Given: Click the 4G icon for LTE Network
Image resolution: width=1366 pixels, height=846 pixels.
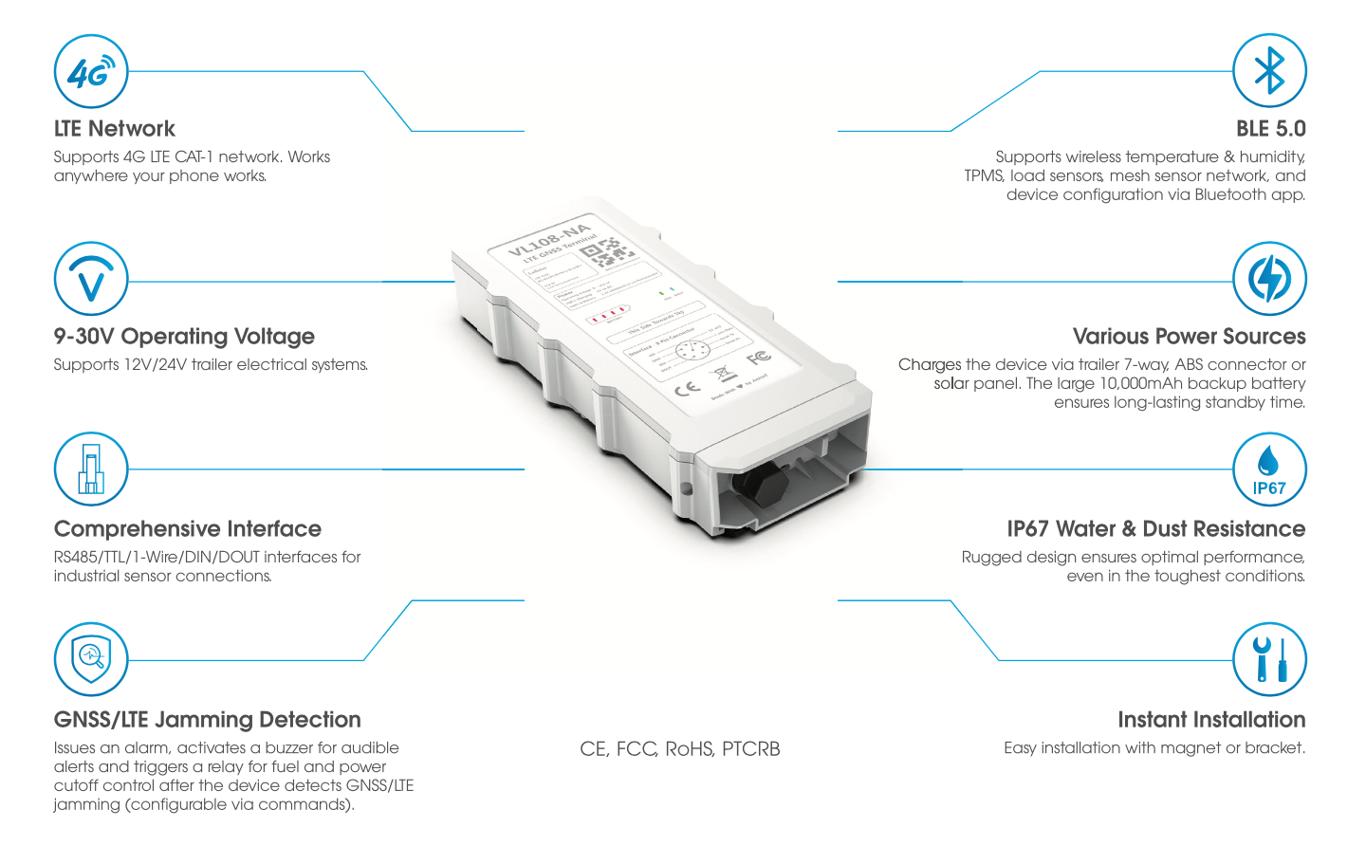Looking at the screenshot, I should [91, 72].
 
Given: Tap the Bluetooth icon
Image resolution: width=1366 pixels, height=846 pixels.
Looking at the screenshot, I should [1269, 72].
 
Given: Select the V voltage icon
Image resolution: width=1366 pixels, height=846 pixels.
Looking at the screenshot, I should [91, 279].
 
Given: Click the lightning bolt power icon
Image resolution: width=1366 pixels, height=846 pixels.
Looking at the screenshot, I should [1269, 279].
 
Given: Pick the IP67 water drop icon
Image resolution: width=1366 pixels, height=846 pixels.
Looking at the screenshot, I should [1269, 469].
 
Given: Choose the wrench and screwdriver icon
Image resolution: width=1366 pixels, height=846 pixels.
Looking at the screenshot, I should [1269, 659].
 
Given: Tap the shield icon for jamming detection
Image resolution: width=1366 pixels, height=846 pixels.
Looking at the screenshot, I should [91, 659].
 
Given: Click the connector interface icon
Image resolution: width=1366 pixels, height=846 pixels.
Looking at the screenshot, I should [91, 469].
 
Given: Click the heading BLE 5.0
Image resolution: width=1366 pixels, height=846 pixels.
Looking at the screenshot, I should [1270, 129].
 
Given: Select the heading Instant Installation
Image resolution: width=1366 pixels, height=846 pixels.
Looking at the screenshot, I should [1211, 720].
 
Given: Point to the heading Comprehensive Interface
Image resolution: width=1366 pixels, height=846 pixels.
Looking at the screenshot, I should [188, 529].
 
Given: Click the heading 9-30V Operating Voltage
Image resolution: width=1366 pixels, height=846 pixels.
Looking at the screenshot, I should [184, 337].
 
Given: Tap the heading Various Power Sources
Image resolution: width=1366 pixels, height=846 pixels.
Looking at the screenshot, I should [1189, 337].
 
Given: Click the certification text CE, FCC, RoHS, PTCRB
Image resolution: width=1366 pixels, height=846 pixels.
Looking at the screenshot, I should [679, 749].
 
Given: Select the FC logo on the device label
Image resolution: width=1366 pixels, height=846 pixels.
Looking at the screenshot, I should [758, 358].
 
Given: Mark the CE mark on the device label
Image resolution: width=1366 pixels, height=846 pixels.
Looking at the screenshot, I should [687, 388].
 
